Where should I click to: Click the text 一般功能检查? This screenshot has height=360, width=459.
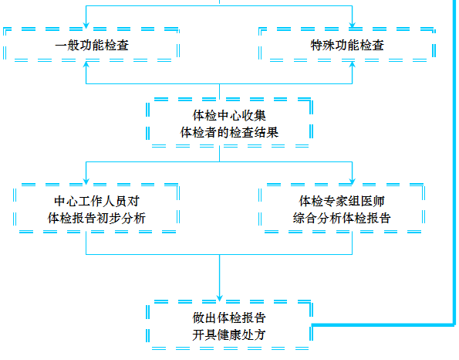click(x=92, y=46)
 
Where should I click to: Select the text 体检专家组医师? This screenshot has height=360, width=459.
click(x=343, y=202)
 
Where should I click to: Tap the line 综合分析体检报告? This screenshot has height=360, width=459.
click(x=343, y=218)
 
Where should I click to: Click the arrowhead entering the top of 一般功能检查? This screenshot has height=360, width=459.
click(x=86, y=23)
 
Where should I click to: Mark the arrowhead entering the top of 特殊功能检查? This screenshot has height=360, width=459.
click(x=353, y=23)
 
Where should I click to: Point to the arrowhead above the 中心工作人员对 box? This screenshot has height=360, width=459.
click(x=86, y=180)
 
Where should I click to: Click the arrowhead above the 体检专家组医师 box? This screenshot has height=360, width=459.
click(x=353, y=180)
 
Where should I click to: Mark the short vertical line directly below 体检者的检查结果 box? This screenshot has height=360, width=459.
click(x=221, y=154)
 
